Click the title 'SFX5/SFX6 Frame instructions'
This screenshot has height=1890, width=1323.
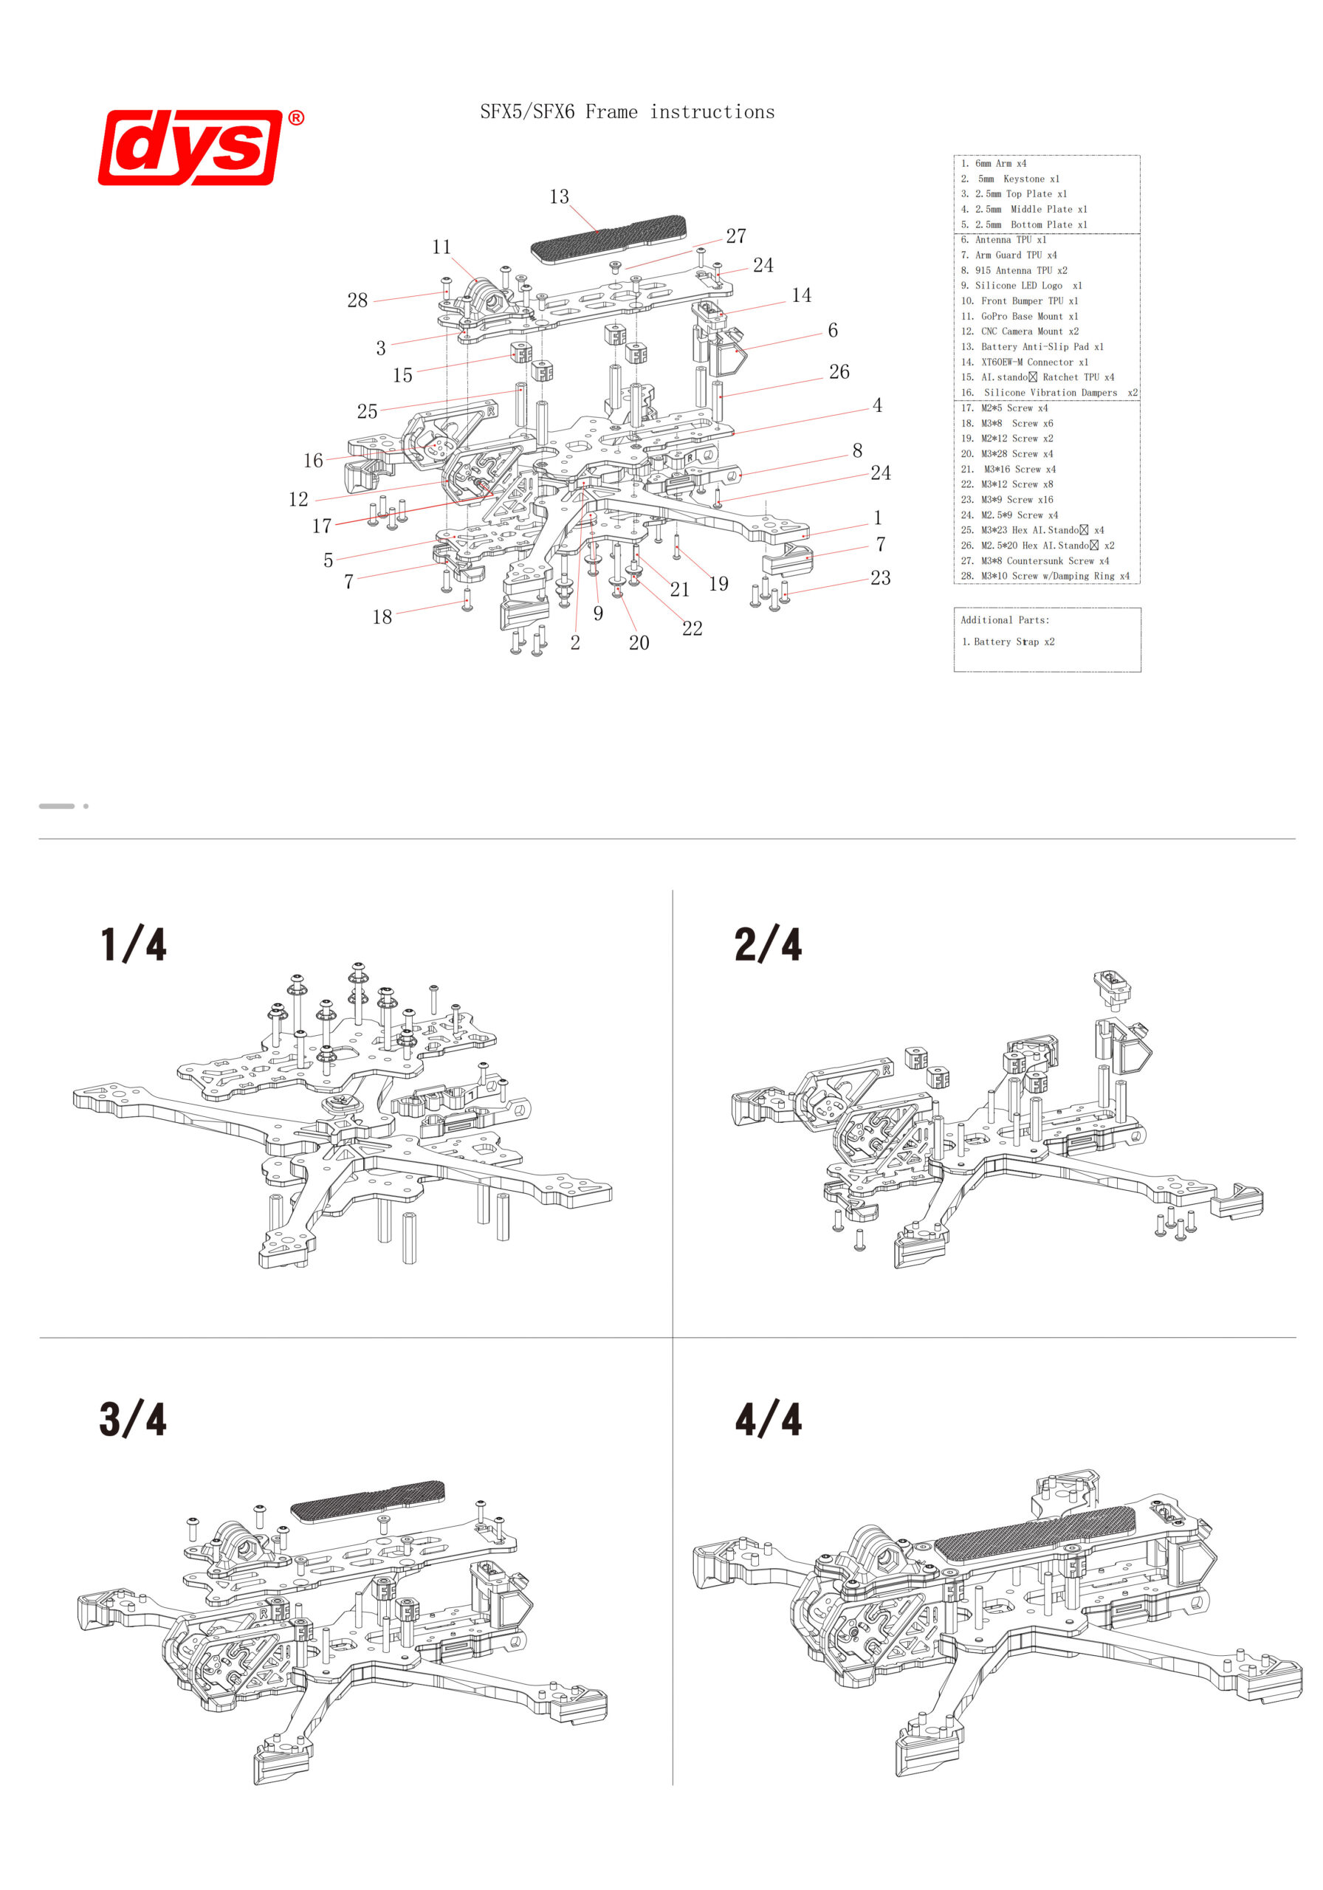pyautogui.click(x=628, y=112)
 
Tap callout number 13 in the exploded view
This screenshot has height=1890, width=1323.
pyautogui.click(x=559, y=196)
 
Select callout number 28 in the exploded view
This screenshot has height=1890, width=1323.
pyautogui.click(x=357, y=300)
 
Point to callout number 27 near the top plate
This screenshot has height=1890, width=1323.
pyautogui.click(x=736, y=236)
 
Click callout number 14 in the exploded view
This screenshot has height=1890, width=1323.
pyautogui.click(x=801, y=295)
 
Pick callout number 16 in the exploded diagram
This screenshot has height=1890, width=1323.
pyautogui.click(x=314, y=461)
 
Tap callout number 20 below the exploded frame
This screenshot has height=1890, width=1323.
pyautogui.click(x=639, y=643)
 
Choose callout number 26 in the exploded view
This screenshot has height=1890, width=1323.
pyautogui.click(x=839, y=372)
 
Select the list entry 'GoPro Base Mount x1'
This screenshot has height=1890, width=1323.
pyautogui.click(x=1028, y=316)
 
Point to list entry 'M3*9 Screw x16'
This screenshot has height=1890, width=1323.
pyautogui.click(x=1016, y=500)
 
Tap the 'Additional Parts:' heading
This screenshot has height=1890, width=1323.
pyautogui.click(x=1004, y=620)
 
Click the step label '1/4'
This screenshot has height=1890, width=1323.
pyautogui.click(x=134, y=944)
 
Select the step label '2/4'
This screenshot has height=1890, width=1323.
pyautogui.click(x=767, y=944)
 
